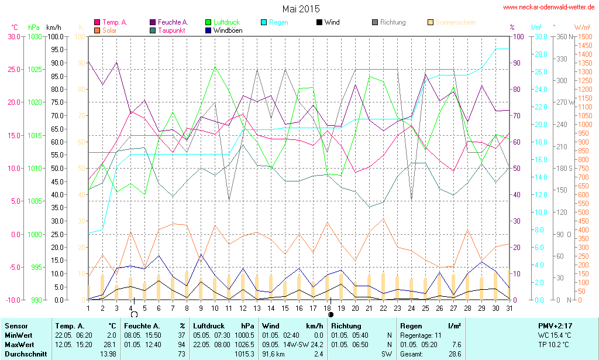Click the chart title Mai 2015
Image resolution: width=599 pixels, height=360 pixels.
click(x=301, y=9)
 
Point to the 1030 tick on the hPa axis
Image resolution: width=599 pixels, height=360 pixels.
click(x=35, y=36)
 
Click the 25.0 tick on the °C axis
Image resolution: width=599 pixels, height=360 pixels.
click(x=13, y=69)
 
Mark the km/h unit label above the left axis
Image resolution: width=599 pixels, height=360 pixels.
click(x=53, y=27)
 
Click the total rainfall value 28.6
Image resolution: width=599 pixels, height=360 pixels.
click(x=454, y=354)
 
